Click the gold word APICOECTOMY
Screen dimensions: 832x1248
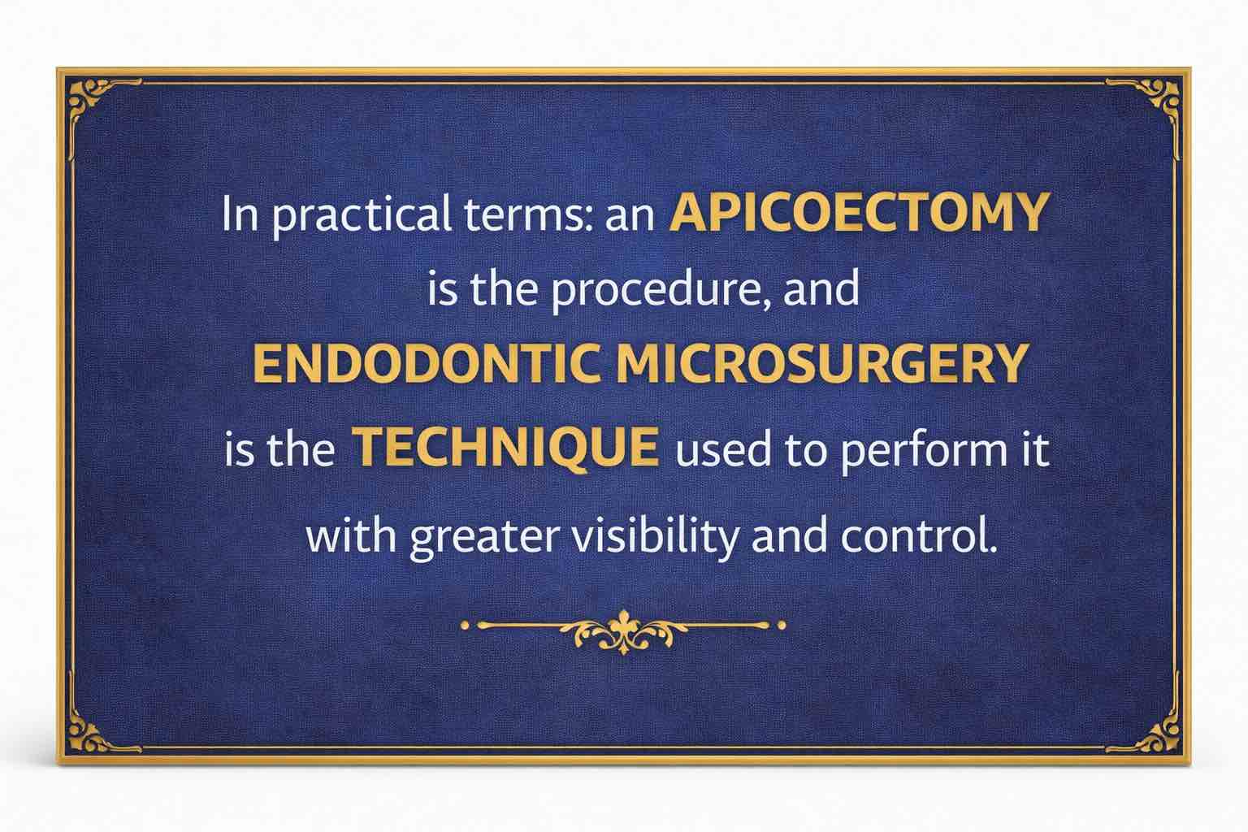(857, 214)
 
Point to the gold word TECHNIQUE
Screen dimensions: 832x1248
(508, 448)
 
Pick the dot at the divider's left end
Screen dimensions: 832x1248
(465, 626)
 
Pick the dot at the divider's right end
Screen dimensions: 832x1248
(782, 626)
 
